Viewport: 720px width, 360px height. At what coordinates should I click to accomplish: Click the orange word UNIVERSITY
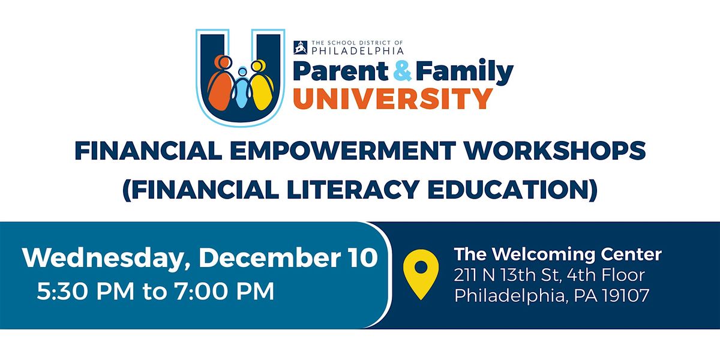click(x=393, y=98)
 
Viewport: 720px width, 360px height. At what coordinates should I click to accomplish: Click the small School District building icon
click(x=300, y=46)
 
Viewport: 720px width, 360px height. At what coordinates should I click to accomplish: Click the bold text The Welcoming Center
click(x=557, y=254)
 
